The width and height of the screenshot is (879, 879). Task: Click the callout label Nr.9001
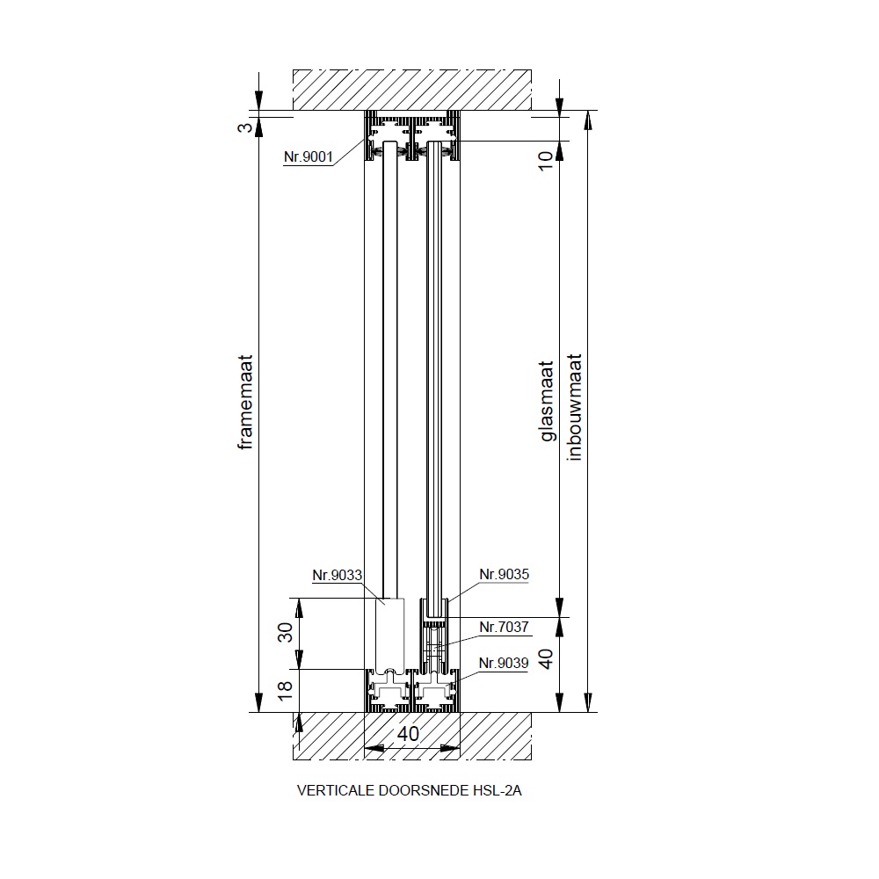click(309, 156)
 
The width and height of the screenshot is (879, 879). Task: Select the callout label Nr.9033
click(337, 575)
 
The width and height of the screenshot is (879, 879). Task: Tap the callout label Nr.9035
click(504, 574)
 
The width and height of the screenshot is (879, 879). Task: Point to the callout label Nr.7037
click(504, 627)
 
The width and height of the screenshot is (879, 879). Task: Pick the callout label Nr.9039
click(504, 663)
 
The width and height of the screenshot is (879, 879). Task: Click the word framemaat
click(245, 402)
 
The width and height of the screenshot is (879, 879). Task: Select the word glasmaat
click(547, 401)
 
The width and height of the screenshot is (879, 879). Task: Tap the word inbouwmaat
click(575, 407)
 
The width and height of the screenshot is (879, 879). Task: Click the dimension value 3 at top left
click(245, 127)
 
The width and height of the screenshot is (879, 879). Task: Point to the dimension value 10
click(546, 160)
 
